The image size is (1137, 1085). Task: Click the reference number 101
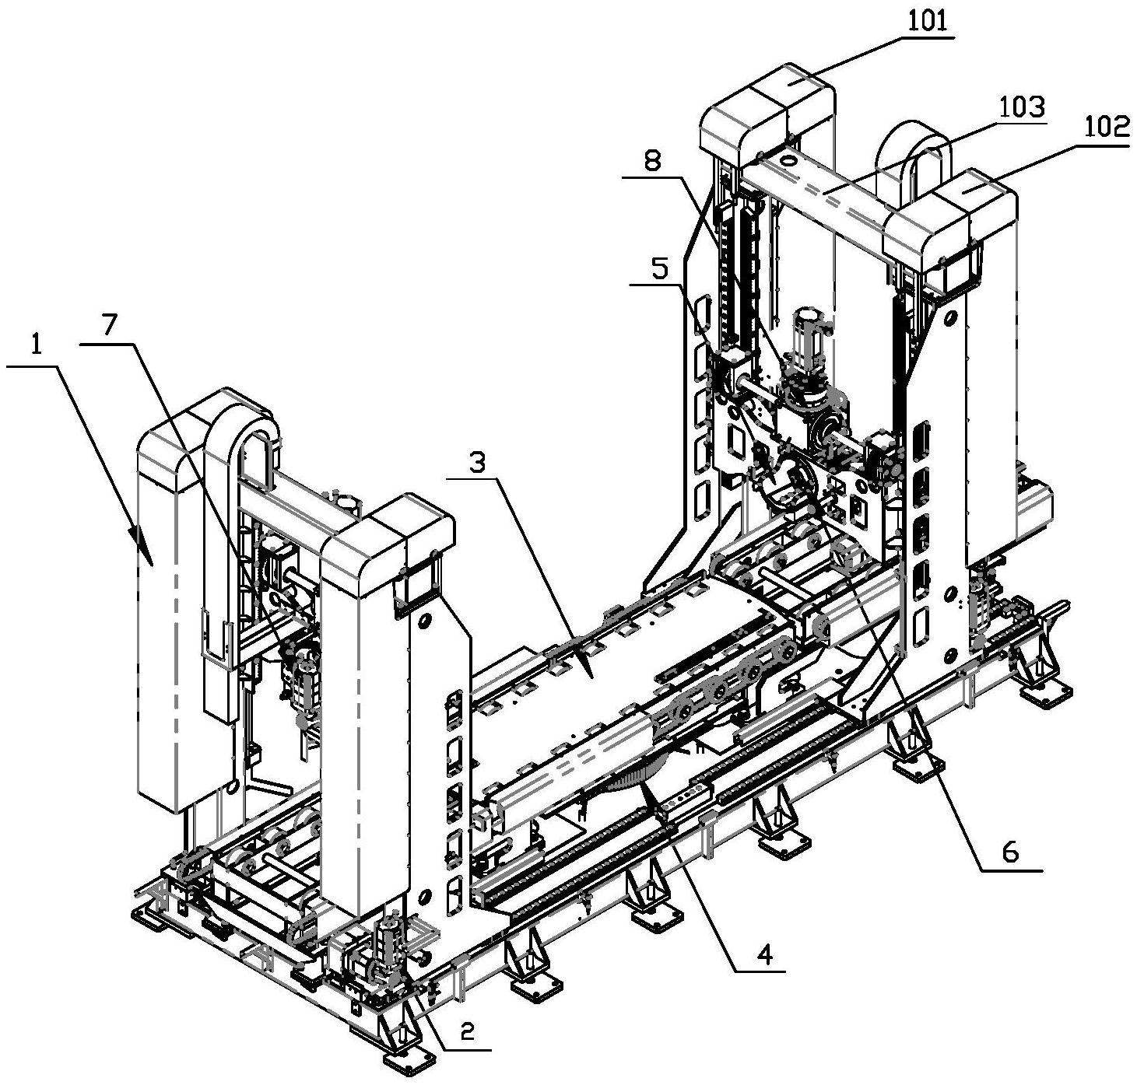(x=927, y=23)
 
